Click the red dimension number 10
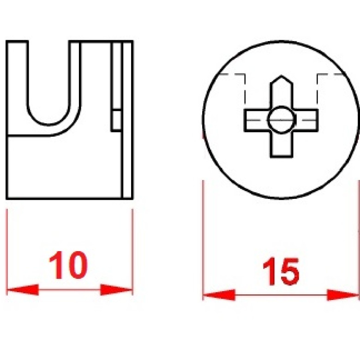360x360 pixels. tap(68, 265)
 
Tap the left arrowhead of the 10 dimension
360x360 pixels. tap(23, 290)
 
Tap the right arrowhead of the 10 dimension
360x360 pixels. tap(116, 290)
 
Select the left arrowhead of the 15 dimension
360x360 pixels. tap(219, 295)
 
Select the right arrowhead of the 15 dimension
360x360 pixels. tap(343, 295)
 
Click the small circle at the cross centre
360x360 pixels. tap(282, 120)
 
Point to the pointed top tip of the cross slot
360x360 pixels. tap(282, 75)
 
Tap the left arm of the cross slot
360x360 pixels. tap(256, 120)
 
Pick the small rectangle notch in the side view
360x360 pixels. tap(116, 120)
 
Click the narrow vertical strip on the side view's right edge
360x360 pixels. tap(127, 120)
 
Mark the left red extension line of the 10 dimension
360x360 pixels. tap(7, 252)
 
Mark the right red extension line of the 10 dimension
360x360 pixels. tap(132, 252)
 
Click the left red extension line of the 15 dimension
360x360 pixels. tap(203, 240)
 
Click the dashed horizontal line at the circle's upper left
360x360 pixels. tap(231, 74)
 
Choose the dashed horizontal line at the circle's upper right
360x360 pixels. tap(330, 74)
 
